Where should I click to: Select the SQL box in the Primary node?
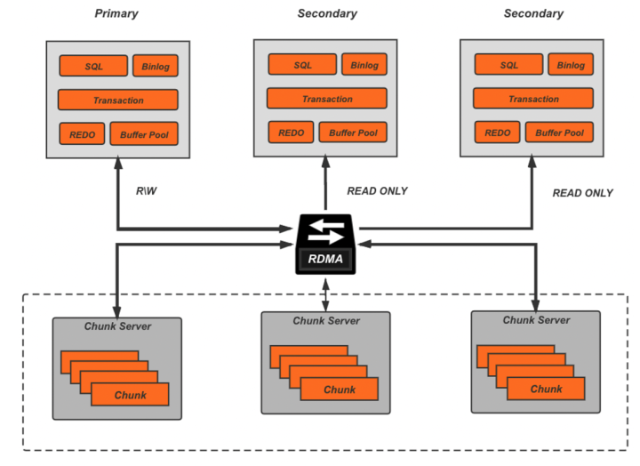click(x=93, y=66)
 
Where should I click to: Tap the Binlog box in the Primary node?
click(x=156, y=66)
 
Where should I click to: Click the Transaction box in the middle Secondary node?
click(x=327, y=99)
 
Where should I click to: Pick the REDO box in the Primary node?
click(x=82, y=135)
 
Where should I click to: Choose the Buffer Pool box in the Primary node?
click(x=143, y=135)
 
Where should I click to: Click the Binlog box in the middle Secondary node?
click(x=364, y=65)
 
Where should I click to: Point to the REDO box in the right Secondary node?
click(x=498, y=133)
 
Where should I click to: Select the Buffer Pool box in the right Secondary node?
click(x=559, y=133)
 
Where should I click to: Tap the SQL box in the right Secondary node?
click(x=509, y=65)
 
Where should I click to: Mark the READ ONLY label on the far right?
click(x=582, y=193)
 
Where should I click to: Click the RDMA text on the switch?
click(x=326, y=261)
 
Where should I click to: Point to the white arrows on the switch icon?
click(x=326, y=233)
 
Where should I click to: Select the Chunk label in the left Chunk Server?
click(x=130, y=394)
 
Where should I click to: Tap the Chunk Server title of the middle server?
click(x=326, y=320)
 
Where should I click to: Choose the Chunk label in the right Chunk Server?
click(x=546, y=389)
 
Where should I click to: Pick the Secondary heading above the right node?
click(x=533, y=13)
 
